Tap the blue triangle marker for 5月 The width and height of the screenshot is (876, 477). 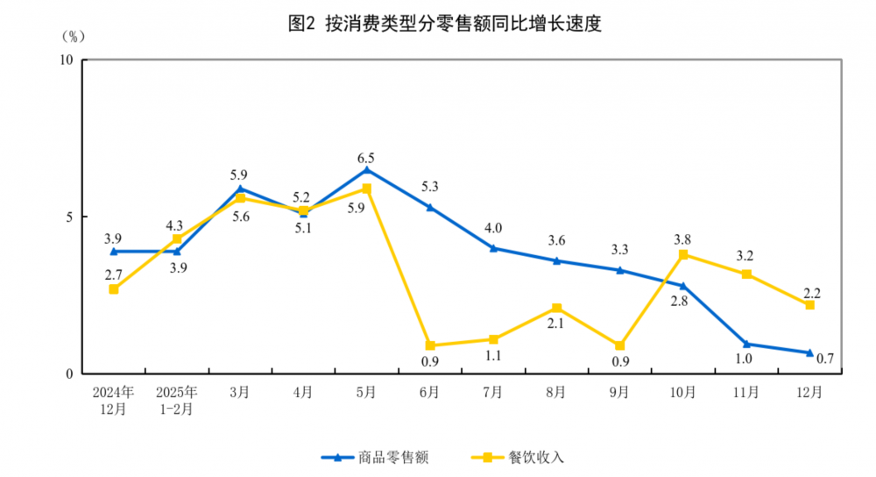(x=366, y=169)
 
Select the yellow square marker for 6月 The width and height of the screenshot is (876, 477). (x=430, y=345)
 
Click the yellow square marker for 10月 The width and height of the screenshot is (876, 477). (x=683, y=254)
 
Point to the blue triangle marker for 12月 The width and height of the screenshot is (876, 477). (x=809, y=352)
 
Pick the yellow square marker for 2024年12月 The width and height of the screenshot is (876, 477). (x=114, y=289)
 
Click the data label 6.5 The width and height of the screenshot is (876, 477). (x=366, y=158)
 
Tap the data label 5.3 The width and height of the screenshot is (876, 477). (x=429, y=186)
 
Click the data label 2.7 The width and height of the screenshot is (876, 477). (x=114, y=274)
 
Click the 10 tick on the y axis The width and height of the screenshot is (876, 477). (x=66, y=60)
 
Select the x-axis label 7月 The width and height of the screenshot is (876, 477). (x=493, y=392)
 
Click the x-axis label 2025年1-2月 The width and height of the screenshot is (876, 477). (x=177, y=399)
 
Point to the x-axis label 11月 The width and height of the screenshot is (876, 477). (x=746, y=392)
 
